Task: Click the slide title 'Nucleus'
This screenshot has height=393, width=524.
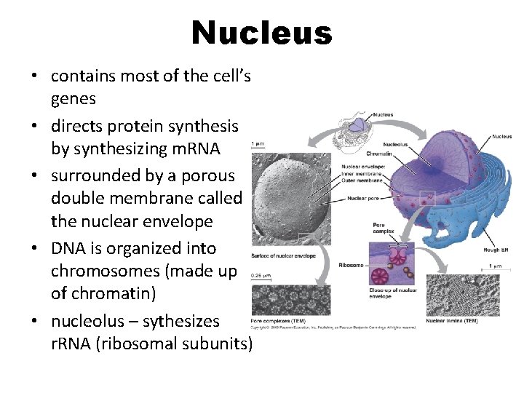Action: pyautogui.click(x=261, y=33)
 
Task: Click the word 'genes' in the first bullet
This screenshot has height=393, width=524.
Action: pyautogui.click(x=74, y=98)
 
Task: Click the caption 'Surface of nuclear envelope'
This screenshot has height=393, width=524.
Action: pyautogui.click(x=284, y=255)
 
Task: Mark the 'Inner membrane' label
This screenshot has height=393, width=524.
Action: pyautogui.click(x=364, y=172)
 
